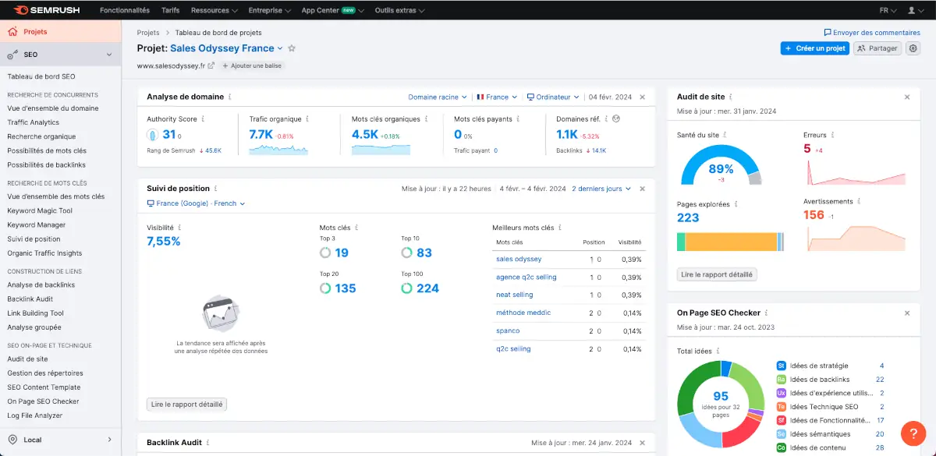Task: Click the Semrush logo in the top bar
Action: pos(48,10)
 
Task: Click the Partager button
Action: pos(877,48)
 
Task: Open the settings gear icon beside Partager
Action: pos(913,48)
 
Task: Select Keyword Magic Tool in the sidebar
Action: pos(40,210)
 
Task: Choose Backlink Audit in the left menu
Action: pos(30,299)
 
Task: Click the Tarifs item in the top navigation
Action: pos(170,11)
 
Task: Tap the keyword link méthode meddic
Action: pos(523,313)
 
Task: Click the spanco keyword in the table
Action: pos(508,331)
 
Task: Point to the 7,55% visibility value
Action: pos(164,242)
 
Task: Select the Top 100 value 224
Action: pos(427,288)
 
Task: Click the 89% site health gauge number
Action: pos(721,169)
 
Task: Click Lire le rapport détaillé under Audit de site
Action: pos(717,274)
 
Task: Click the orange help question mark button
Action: pos(913,433)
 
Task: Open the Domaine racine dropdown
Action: pos(438,97)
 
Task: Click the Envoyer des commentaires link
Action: pos(872,33)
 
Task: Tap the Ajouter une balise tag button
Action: pos(253,66)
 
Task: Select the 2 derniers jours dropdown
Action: pos(601,189)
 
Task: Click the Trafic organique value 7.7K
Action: pos(261,134)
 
